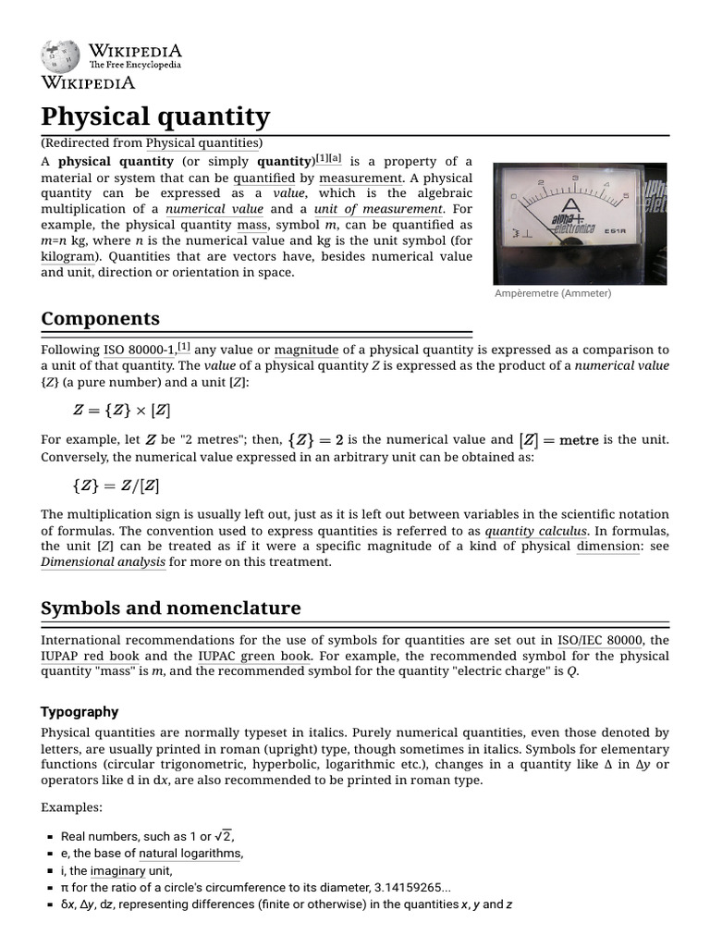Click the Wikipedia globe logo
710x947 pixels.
pos(60,56)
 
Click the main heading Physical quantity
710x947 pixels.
pos(155,117)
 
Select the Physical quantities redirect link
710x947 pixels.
pos(203,142)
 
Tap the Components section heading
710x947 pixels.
pos(101,318)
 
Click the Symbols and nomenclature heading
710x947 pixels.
pos(170,608)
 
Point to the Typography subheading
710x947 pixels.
pos(80,711)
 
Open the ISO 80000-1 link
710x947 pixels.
pos(140,350)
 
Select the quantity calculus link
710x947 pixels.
pos(535,531)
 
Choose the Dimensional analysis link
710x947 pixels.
pos(104,561)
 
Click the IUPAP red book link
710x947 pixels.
pos(90,656)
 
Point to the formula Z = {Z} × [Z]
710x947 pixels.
pos(121,410)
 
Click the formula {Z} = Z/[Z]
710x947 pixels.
pos(120,485)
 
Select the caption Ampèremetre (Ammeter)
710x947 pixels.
pos(552,293)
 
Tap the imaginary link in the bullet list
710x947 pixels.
pos(117,870)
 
